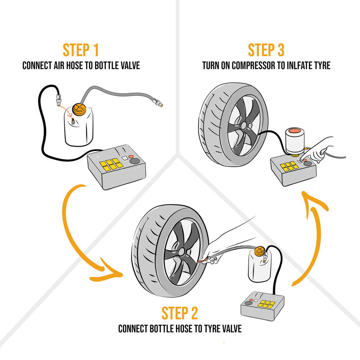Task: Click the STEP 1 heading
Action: (81, 50)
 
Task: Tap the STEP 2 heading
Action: (180, 314)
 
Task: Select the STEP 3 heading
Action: (266, 50)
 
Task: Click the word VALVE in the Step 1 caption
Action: (129, 66)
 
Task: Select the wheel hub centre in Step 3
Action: (243, 125)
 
